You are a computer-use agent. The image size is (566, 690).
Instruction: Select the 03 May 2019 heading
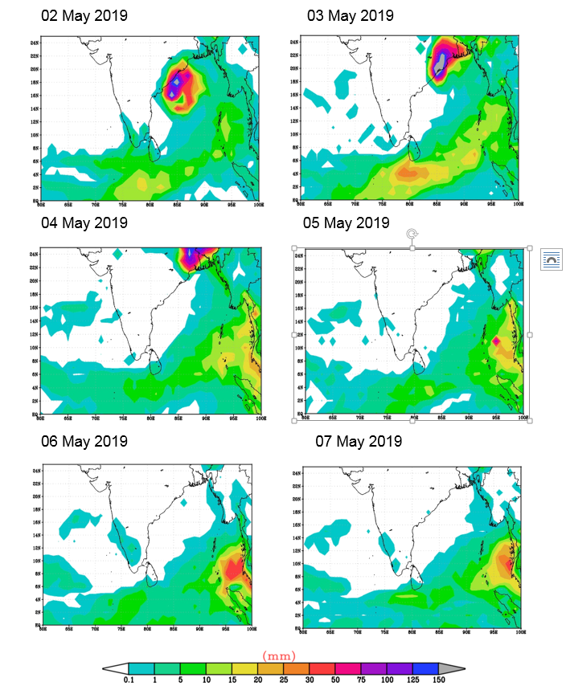tap(351, 16)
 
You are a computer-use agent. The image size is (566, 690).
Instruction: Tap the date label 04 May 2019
tap(84, 223)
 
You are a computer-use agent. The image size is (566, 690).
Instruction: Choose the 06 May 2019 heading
tap(84, 441)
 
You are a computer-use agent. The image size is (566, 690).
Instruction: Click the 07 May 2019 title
tap(358, 441)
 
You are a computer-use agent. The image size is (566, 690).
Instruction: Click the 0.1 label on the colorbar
tap(129, 680)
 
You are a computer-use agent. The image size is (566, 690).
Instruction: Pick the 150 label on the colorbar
tap(438, 680)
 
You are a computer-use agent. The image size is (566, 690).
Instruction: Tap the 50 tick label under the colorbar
tap(335, 680)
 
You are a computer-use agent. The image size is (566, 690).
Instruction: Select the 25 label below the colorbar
tap(284, 680)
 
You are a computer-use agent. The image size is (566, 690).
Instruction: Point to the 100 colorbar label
tap(387, 680)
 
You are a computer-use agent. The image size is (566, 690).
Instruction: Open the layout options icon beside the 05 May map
tap(552, 259)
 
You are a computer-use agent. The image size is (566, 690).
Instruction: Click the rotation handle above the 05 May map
tap(412, 234)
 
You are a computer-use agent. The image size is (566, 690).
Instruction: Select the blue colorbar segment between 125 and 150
tap(425, 668)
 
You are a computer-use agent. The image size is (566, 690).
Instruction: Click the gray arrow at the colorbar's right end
tap(452, 668)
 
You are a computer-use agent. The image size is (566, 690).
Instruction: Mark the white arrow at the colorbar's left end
tap(116, 668)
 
